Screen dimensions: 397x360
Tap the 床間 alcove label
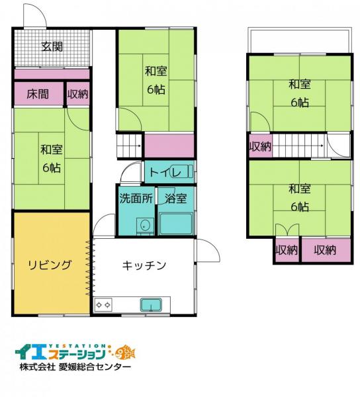tap(38, 95)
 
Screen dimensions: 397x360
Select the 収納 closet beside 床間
tap(77, 95)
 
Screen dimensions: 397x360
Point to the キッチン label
tap(144, 265)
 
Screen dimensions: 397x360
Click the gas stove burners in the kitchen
tap(104, 305)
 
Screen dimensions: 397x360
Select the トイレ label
tap(161, 173)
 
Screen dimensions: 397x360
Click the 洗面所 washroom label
tap(136, 198)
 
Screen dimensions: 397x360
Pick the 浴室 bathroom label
tap(175, 198)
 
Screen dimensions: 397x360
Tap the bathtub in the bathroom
tap(175, 222)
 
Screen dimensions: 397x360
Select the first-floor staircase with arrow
tap(129, 144)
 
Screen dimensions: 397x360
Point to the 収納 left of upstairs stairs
tap(260, 146)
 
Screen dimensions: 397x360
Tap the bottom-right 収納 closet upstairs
tap(325, 250)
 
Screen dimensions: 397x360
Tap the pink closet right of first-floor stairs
tap(169, 145)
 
